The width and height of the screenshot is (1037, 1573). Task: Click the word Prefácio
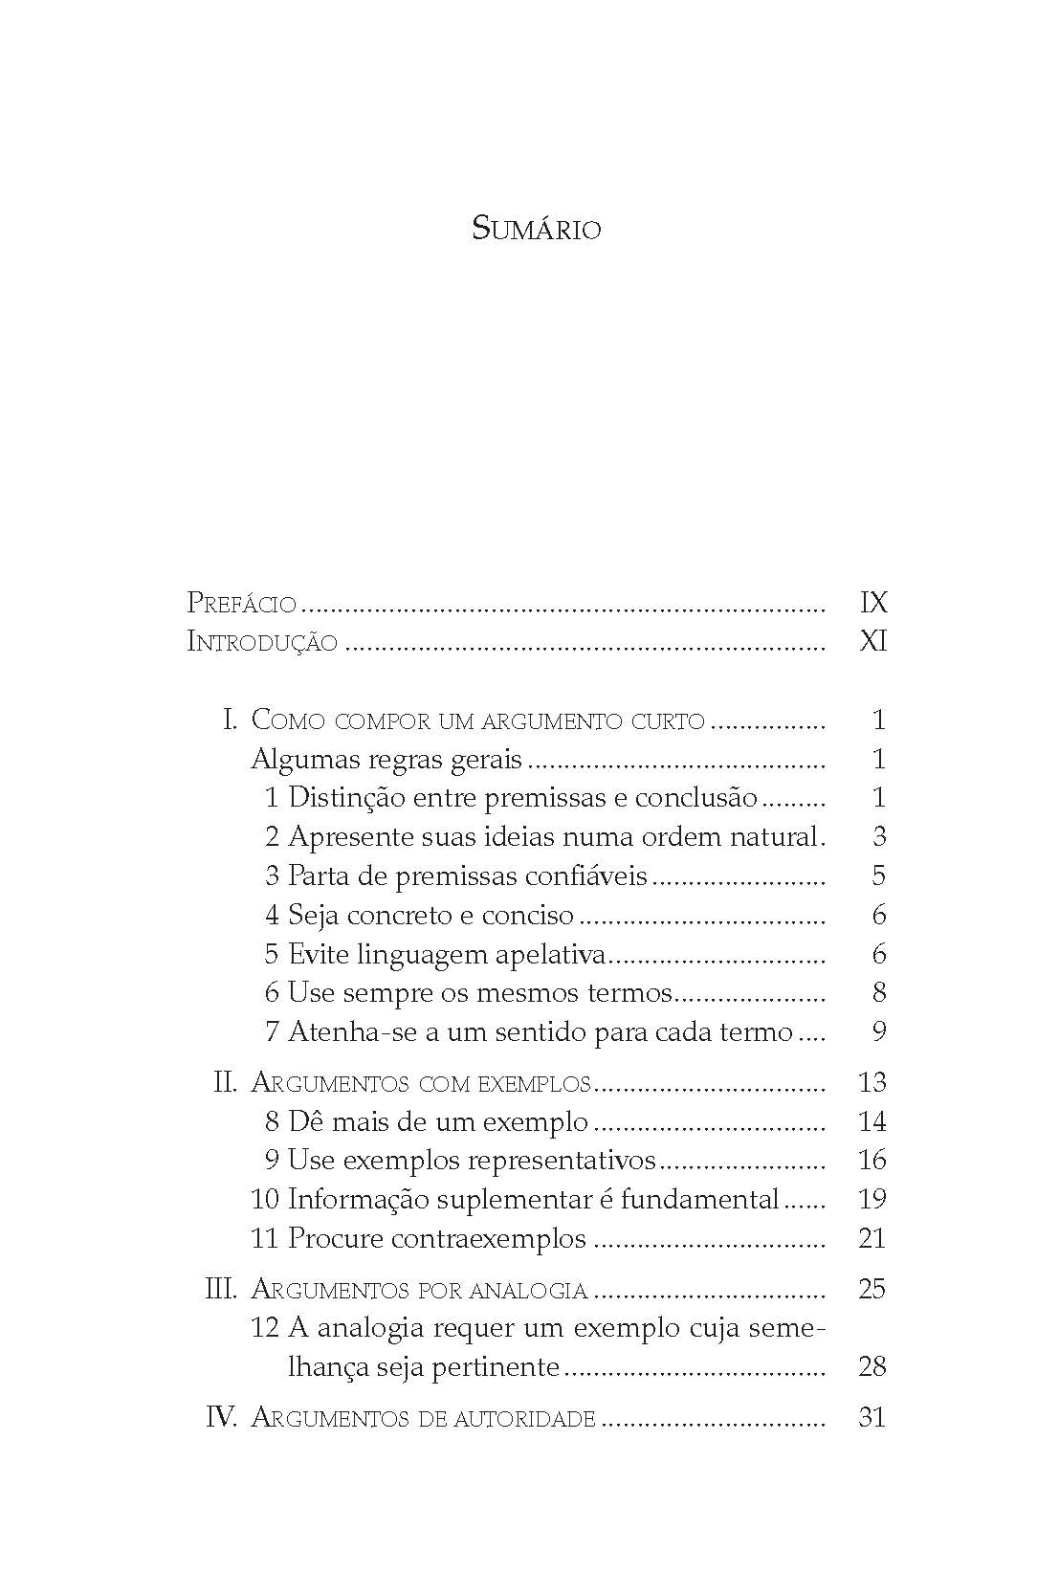(x=241, y=603)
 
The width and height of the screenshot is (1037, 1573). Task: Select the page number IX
(x=874, y=603)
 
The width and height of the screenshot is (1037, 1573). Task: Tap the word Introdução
(x=262, y=642)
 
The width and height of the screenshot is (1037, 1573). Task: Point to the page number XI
(x=874, y=642)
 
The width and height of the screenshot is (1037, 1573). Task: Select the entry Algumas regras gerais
(x=386, y=760)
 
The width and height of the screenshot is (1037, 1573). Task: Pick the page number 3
(x=879, y=837)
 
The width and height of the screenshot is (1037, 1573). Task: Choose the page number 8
(x=879, y=993)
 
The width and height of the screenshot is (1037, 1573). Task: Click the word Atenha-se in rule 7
(x=345, y=1032)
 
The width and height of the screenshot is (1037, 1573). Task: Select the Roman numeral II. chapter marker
(x=225, y=1083)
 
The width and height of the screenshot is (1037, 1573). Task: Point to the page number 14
(x=872, y=1121)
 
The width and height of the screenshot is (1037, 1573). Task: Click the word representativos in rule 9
(x=562, y=1161)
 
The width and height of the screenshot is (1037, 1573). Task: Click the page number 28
(x=872, y=1366)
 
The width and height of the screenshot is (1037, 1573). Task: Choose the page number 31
(x=872, y=1418)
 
